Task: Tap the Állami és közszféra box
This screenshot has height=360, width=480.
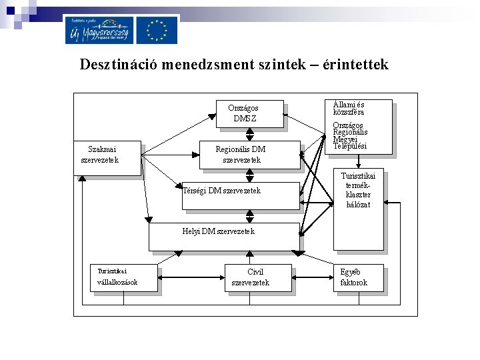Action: click(x=358, y=127)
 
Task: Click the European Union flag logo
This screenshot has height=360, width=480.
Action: click(x=157, y=30)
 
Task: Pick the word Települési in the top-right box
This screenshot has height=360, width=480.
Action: click(x=351, y=146)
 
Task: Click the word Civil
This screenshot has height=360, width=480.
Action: click(x=255, y=272)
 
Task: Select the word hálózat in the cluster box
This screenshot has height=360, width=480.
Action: click(x=359, y=205)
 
